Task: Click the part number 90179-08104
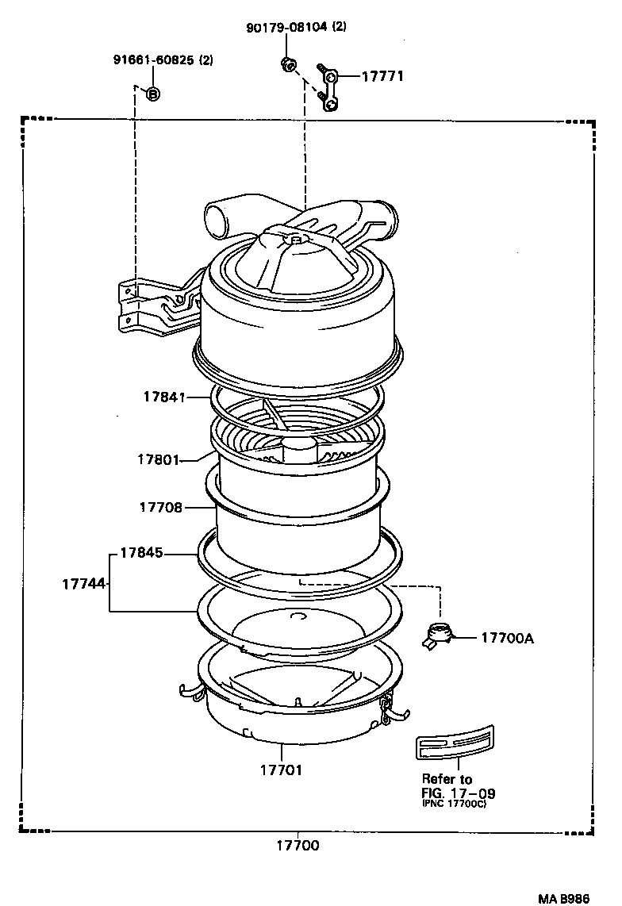pos(286,27)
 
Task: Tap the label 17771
pos(383,77)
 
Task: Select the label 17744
pos(83,583)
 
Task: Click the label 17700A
pos(507,637)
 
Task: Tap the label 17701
pos(281,770)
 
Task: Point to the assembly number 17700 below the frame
pos(298,846)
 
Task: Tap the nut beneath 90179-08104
pos(288,64)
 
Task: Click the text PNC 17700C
pos(452,804)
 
